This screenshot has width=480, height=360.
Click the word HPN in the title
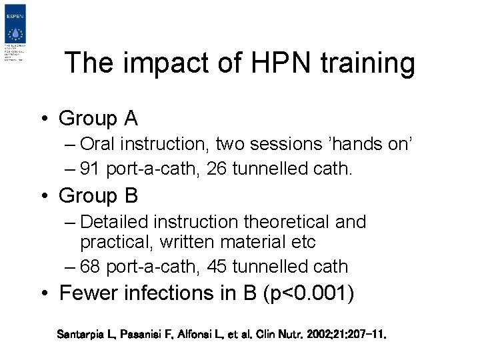click(x=271, y=64)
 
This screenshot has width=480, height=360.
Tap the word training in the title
click(x=367, y=64)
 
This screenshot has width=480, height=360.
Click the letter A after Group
click(x=130, y=119)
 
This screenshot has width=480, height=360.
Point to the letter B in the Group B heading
click(x=131, y=196)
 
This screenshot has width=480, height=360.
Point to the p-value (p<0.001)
click(x=309, y=293)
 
